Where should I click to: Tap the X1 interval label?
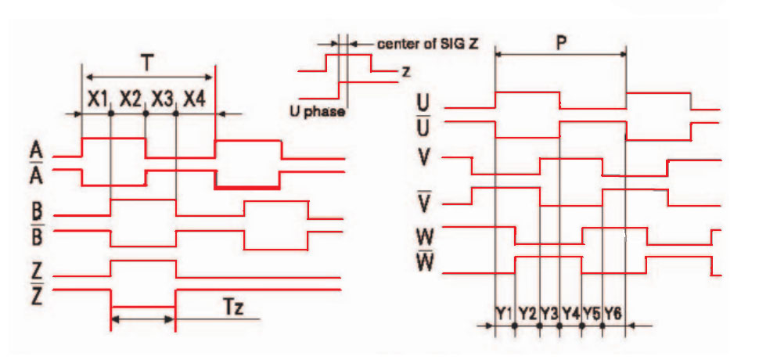point(97,99)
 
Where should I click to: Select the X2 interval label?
point(130,99)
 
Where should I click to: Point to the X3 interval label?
point(162,99)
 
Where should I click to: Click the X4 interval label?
point(195,99)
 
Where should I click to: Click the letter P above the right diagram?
point(561,42)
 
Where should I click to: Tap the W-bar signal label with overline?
point(427,265)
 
